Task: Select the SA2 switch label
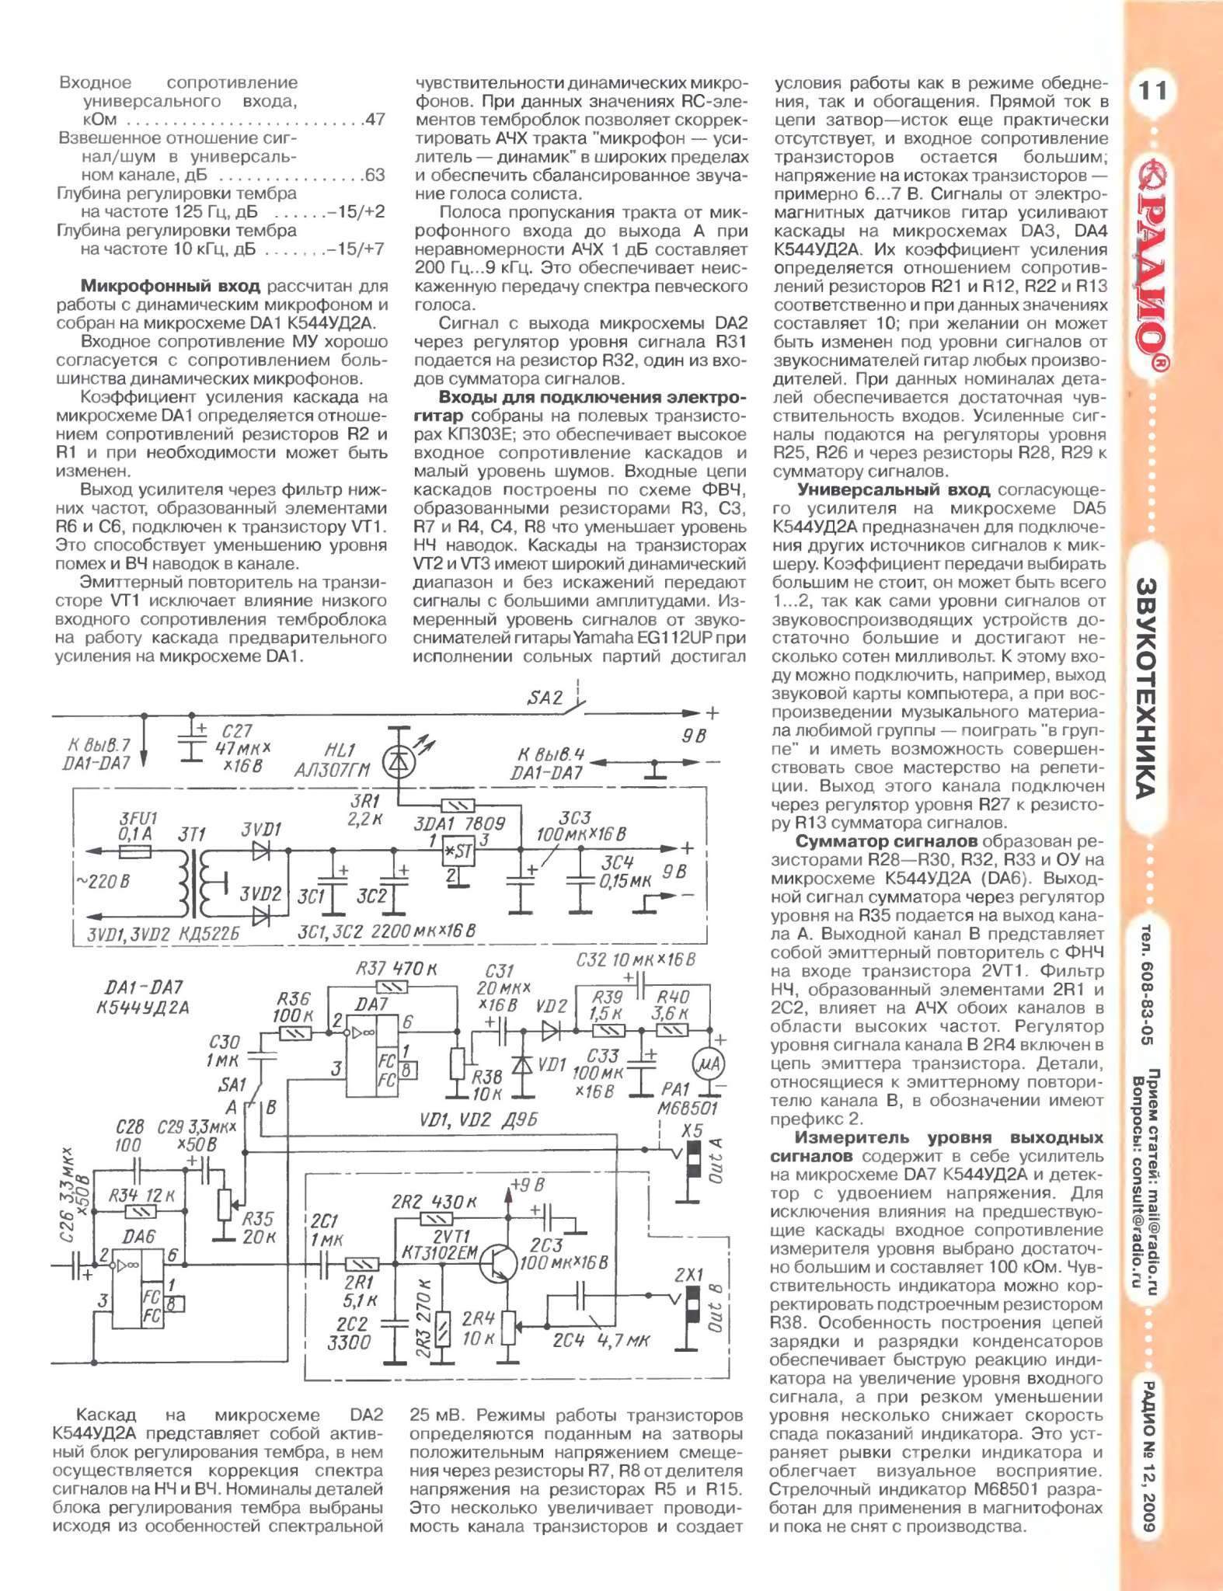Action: click(x=545, y=698)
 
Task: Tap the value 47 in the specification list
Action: click(x=375, y=120)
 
